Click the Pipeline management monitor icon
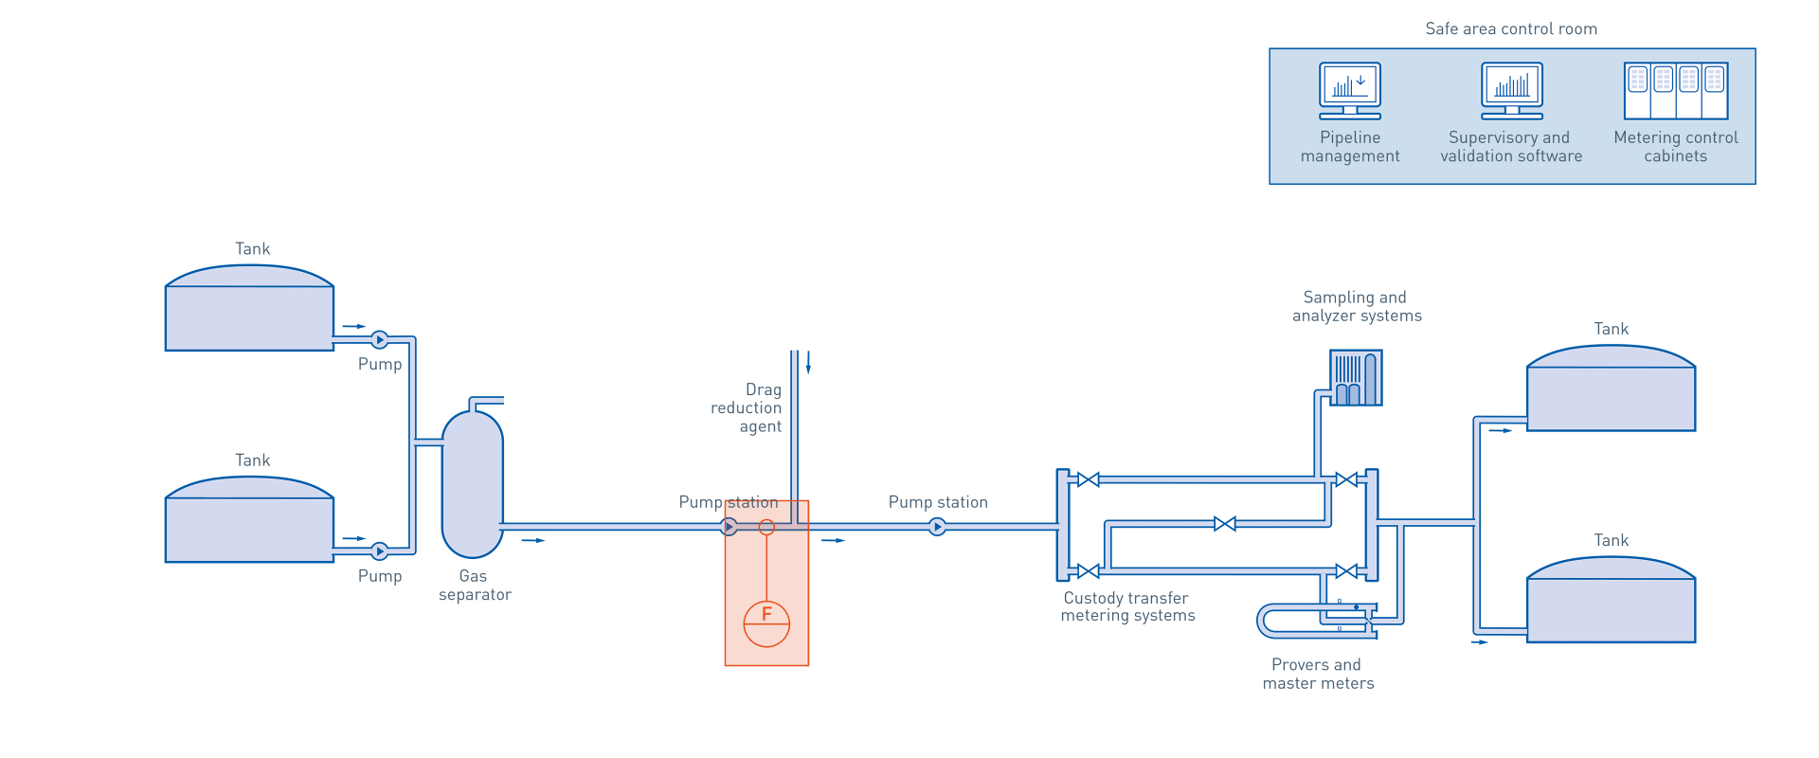click(1350, 90)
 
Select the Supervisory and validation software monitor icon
click(1511, 90)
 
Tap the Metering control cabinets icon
click(1675, 90)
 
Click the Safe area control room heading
click(1511, 29)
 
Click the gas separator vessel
click(472, 483)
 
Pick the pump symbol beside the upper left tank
click(379, 339)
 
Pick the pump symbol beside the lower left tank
click(379, 550)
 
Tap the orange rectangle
click(766, 597)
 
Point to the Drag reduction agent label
click(748, 408)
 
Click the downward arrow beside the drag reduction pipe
click(808, 363)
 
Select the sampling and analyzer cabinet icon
click(1356, 378)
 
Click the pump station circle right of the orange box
click(937, 527)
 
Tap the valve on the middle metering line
click(1225, 524)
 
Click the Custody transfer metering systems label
click(1126, 606)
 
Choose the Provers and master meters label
click(1318, 674)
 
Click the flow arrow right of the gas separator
click(535, 540)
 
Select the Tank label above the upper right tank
click(1611, 329)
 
